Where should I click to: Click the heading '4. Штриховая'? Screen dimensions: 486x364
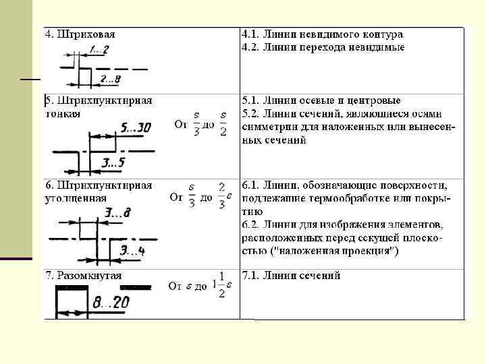coord(80,34)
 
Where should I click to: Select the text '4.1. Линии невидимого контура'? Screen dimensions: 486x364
coord(322,34)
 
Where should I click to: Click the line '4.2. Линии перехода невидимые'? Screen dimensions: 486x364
coord(323,47)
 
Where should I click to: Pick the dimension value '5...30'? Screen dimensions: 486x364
coord(136,127)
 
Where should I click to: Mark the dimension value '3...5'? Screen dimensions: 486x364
coord(113,162)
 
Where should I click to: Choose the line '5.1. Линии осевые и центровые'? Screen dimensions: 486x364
coord(321,100)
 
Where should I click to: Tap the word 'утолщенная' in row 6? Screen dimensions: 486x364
coord(76,198)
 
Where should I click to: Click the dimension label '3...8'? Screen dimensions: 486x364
coord(118,213)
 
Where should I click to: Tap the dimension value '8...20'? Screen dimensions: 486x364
coord(111,302)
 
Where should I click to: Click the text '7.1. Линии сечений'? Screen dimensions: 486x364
coord(291,276)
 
